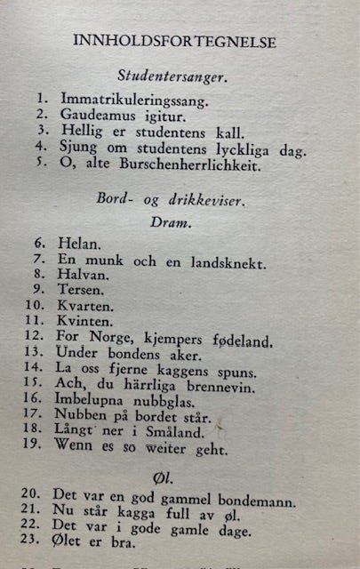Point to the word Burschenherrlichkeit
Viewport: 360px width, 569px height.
tap(179, 164)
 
